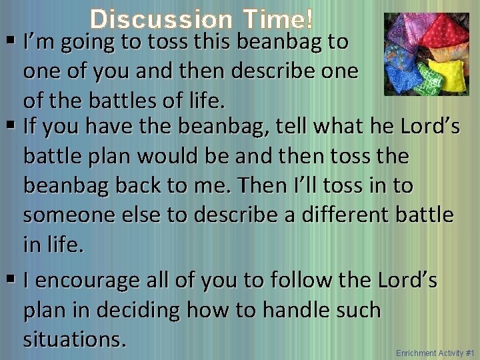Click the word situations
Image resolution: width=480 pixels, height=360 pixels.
[x=74, y=339]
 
